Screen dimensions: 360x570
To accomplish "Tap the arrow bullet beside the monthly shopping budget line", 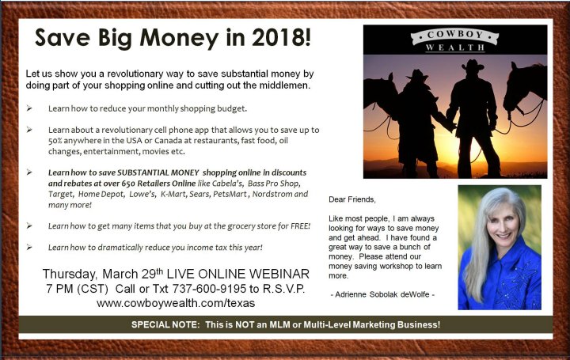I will point(29,108).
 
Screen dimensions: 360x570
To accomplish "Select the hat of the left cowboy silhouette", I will point(417,74).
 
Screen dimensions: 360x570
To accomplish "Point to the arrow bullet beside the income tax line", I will point(29,247).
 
